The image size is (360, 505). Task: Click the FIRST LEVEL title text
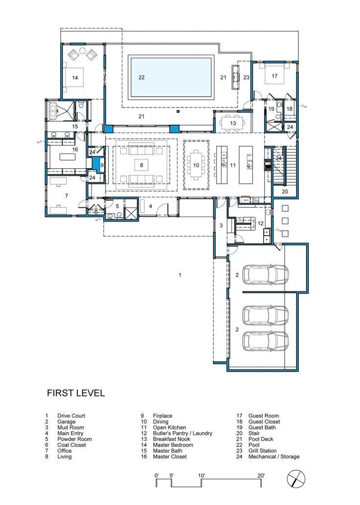(76, 393)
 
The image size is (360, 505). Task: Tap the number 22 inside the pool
(141, 77)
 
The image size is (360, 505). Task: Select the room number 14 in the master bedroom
(75, 77)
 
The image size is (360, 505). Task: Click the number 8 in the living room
(141, 165)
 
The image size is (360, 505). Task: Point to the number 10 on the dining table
(196, 165)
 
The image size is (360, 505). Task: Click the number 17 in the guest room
(274, 76)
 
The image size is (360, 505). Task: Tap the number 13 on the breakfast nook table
(233, 123)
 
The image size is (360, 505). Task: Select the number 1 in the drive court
(180, 275)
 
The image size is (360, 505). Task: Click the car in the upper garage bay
(265, 274)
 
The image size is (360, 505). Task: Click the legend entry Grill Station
(269, 451)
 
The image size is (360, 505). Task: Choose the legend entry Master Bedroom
(173, 445)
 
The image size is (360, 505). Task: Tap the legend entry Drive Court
(71, 416)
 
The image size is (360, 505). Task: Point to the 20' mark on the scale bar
(261, 475)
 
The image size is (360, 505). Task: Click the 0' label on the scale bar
(157, 475)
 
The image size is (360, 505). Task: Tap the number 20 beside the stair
(285, 191)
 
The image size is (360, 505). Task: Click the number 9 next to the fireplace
(102, 165)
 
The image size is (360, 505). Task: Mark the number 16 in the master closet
(75, 149)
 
